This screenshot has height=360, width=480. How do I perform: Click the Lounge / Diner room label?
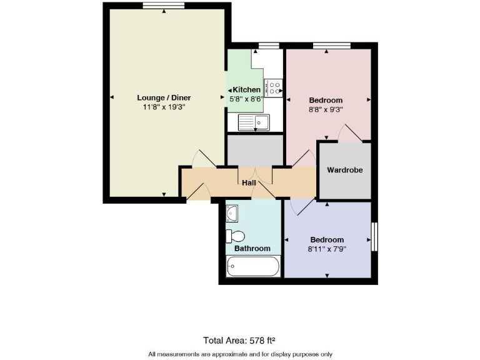(164, 97)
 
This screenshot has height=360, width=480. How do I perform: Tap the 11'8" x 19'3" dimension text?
(164, 107)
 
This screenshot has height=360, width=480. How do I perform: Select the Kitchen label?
(246, 89)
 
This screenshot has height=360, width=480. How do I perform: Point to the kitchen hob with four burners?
(274, 87)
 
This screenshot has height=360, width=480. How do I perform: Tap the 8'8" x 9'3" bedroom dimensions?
(326, 109)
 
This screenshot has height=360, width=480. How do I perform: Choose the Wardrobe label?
(345, 169)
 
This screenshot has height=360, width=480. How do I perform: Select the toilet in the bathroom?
(235, 236)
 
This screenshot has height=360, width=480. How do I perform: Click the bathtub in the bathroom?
(253, 269)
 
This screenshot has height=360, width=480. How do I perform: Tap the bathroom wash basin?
(232, 214)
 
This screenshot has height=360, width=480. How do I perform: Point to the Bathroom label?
(252, 248)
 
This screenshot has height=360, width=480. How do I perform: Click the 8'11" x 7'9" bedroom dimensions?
(327, 248)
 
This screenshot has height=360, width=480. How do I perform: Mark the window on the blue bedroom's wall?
(375, 237)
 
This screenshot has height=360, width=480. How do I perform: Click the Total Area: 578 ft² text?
(239, 340)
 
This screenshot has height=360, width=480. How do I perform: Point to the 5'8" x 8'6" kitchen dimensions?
(246, 98)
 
